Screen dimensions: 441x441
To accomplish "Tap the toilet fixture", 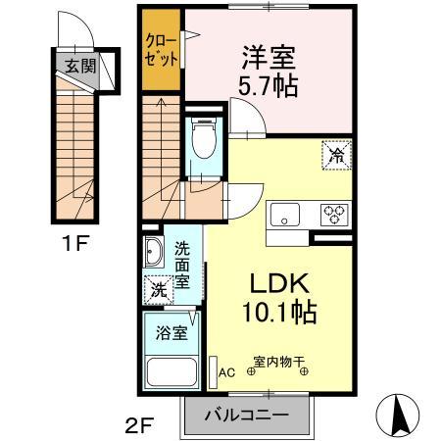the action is click(x=204, y=138).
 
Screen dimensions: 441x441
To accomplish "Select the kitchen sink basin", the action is click(x=285, y=215).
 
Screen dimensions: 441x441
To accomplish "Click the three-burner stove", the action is click(x=334, y=215).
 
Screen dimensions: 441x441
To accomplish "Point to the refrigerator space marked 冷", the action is click(x=336, y=155).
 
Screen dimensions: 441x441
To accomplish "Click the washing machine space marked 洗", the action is click(x=159, y=290).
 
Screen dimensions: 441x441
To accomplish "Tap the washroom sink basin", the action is click(x=154, y=252).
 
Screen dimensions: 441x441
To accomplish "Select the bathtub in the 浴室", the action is click(x=171, y=372).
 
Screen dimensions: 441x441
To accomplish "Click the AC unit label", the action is click(x=226, y=372).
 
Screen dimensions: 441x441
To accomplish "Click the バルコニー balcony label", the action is click(x=247, y=416).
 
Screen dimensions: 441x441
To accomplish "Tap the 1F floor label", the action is click(x=75, y=243).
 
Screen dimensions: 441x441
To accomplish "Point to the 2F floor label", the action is click(x=140, y=425).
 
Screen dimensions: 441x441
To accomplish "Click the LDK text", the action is click(x=279, y=283).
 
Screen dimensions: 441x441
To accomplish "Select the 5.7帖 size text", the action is click(x=268, y=86).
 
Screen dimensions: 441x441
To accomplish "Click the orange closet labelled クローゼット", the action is click(x=161, y=50).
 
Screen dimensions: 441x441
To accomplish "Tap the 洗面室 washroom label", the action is click(x=182, y=266).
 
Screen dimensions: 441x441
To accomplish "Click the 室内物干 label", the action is click(x=279, y=362).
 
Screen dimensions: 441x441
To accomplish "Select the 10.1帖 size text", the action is click(x=279, y=312).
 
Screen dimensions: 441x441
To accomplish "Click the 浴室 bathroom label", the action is click(x=171, y=333).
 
